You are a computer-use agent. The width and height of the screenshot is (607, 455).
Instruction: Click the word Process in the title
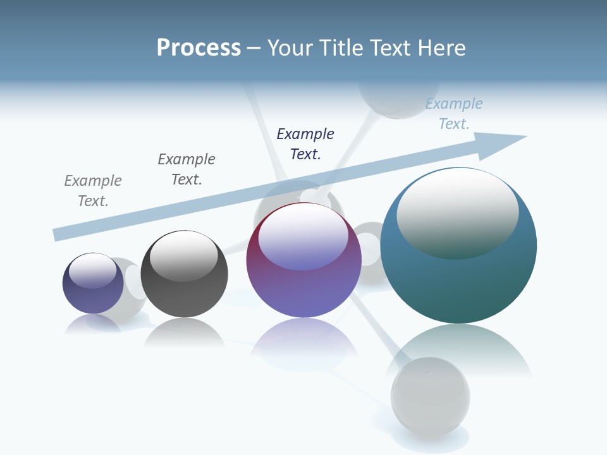click(x=199, y=48)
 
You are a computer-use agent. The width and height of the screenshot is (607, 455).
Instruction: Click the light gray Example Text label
click(x=93, y=191)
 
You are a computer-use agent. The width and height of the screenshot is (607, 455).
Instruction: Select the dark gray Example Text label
click(x=187, y=169)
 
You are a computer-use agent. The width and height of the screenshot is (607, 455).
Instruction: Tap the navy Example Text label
click(x=305, y=144)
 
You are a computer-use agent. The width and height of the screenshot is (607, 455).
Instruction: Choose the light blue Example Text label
click(x=454, y=114)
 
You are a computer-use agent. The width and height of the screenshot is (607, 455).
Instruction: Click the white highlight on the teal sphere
click(x=457, y=212)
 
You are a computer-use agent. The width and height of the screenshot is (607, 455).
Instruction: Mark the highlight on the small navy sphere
click(x=92, y=270)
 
